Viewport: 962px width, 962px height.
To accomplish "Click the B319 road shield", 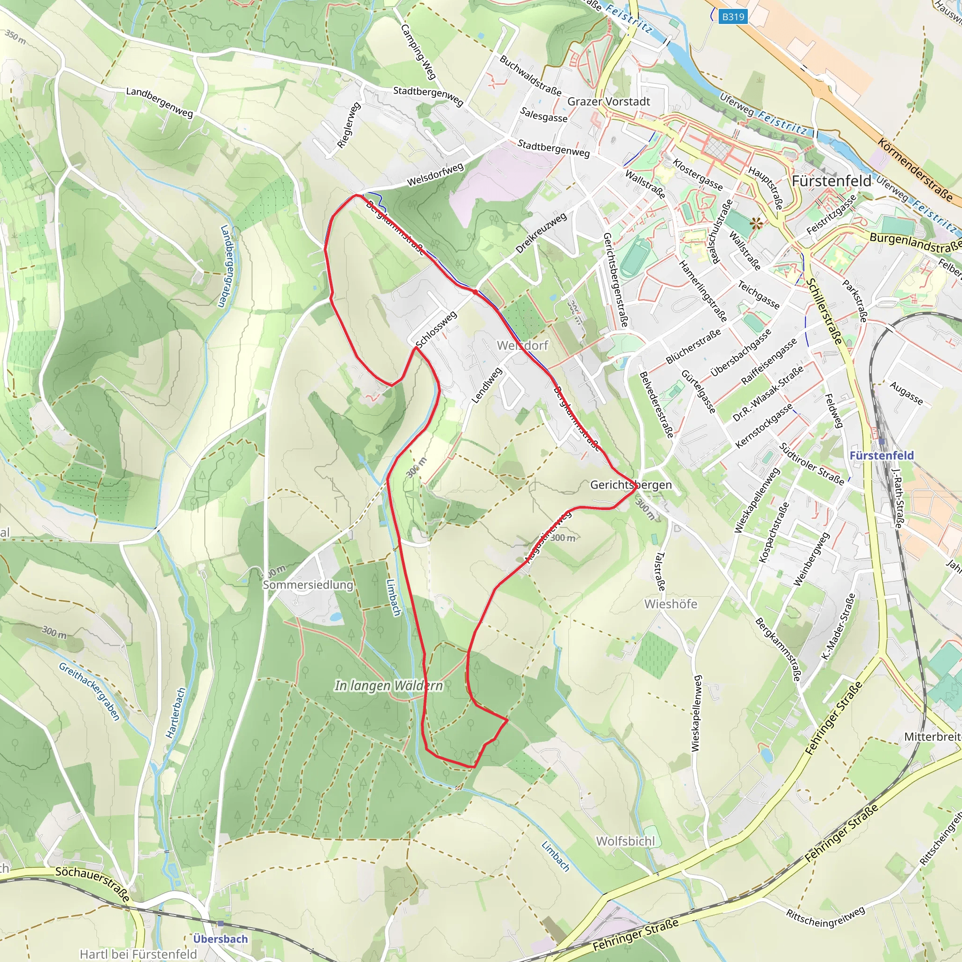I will [x=733, y=16].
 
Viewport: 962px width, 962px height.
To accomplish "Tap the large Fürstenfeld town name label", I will [x=831, y=181].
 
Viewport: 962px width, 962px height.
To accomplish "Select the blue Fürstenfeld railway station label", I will [x=881, y=455].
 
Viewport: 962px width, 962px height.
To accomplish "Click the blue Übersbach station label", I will [x=221, y=939].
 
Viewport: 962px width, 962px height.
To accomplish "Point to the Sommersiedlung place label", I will [x=308, y=584].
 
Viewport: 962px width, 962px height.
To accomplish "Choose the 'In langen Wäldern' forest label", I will [x=388, y=686].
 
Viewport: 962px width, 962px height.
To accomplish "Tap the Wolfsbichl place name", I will [x=625, y=841].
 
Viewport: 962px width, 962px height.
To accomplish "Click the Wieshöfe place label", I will [x=670, y=604].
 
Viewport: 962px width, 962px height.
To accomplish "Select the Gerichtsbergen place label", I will [x=630, y=484].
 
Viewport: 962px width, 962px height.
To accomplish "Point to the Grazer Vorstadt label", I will [x=608, y=101].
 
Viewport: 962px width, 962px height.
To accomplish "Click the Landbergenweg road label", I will [x=159, y=102].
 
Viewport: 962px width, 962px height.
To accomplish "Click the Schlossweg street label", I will [x=436, y=330].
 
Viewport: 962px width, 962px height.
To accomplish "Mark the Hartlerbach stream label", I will [x=176, y=713].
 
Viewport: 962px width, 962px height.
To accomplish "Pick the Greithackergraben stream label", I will [x=90, y=691].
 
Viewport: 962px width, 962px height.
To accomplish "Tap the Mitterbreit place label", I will [x=932, y=737].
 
